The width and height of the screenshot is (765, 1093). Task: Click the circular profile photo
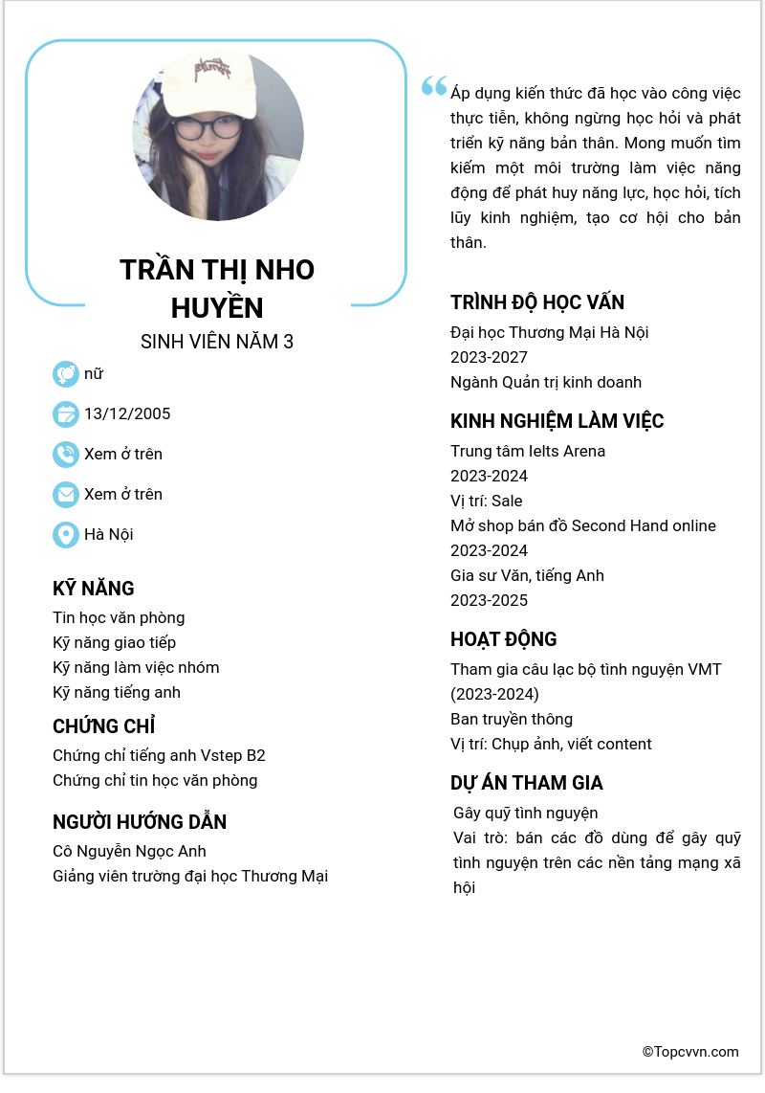(218, 135)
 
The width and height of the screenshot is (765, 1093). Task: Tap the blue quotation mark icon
(434, 86)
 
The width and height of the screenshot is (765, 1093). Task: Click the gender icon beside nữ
(66, 374)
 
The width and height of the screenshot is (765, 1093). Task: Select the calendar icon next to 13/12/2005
(66, 414)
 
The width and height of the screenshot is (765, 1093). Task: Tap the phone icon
(66, 455)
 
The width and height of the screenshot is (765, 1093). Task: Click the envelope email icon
(66, 495)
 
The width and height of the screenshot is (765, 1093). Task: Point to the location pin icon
(66, 535)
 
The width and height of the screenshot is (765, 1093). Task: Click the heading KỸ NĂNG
(94, 589)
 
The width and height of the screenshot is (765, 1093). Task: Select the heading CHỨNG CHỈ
(104, 726)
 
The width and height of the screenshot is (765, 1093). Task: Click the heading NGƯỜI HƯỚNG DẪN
(140, 822)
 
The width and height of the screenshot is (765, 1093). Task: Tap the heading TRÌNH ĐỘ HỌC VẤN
(537, 303)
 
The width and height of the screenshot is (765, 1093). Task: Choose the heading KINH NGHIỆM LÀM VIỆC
(557, 422)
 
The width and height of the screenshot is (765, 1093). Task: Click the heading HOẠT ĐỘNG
(504, 640)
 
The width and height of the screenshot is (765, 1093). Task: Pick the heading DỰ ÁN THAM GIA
(527, 784)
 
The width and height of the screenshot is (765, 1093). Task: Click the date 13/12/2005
(127, 414)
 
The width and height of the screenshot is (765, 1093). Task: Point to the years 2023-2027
(489, 358)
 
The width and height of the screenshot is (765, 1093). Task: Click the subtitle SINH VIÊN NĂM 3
(217, 342)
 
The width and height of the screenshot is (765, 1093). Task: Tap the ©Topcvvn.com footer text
(690, 1052)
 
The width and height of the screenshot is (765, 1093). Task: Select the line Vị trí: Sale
(487, 502)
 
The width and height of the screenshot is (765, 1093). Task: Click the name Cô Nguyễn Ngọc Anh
(129, 852)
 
